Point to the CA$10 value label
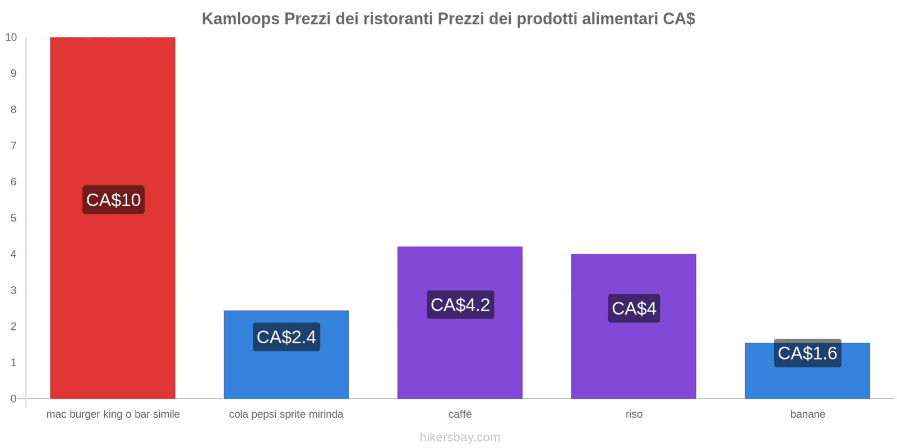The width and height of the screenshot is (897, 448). [x=113, y=200]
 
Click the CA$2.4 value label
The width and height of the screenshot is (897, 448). [x=286, y=337]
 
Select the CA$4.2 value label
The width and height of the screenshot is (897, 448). [x=460, y=305]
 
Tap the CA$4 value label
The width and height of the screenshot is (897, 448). [x=634, y=309]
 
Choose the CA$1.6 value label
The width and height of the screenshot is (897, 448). [x=807, y=353]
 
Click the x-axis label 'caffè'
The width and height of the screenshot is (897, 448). [x=460, y=414]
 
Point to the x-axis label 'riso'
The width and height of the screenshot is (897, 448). [x=634, y=414]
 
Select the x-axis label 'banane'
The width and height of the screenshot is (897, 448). [x=807, y=414]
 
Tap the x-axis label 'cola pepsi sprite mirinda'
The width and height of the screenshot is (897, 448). [x=286, y=414]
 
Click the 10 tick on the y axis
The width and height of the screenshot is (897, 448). [x=11, y=38]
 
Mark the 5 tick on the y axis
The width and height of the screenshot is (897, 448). [x=13, y=218]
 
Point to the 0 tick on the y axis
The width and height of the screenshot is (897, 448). [x=13, y=399]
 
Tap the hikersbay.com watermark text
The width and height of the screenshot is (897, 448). [x=460, y=437]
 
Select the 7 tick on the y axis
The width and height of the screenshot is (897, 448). [x=13, y=146]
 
